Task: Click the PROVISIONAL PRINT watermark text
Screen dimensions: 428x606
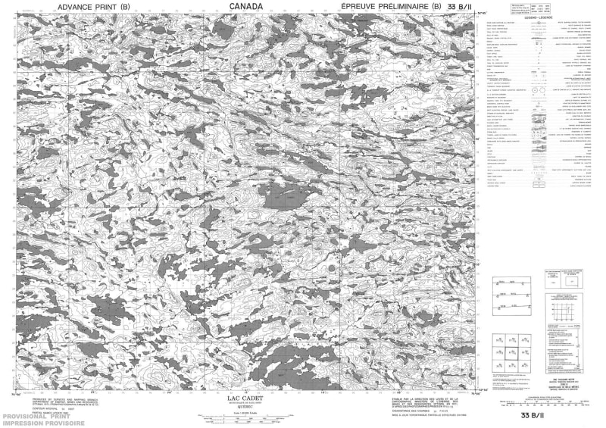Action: [42, 417]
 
